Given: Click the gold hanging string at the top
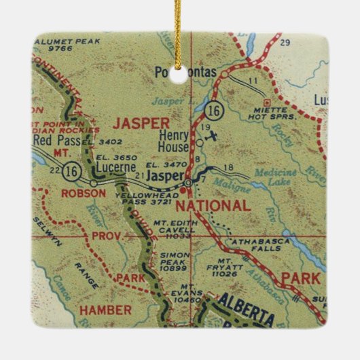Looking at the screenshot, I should click(x=179, y=27).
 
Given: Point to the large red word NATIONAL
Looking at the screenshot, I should click(x=212, y=204).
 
